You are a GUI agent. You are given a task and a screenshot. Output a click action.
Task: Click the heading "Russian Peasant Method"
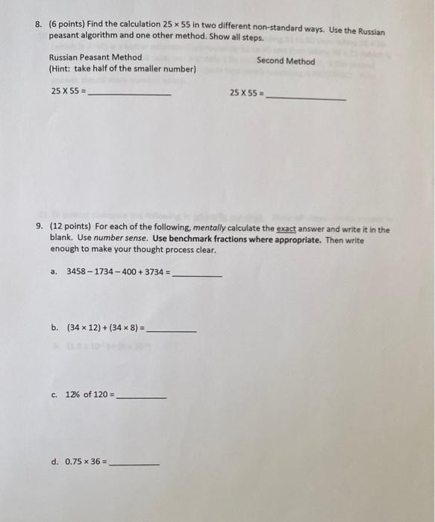95,57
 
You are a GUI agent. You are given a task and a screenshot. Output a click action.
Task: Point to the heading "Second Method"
286,61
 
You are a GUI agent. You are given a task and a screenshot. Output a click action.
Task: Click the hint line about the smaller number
122,69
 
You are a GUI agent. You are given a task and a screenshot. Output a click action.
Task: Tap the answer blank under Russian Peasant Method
131,95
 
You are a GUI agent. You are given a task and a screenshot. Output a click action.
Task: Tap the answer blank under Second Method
306,98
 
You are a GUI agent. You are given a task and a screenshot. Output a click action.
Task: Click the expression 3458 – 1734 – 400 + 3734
117,272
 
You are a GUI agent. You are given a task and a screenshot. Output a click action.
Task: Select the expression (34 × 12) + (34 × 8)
105,327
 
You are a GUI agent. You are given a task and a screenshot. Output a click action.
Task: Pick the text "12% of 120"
89,394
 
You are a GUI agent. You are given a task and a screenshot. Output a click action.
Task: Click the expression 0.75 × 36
87,462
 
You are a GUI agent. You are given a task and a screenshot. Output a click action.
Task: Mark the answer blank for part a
197,276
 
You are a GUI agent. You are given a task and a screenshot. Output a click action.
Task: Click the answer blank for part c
142,397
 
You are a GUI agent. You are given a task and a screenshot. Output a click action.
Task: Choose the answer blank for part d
134,465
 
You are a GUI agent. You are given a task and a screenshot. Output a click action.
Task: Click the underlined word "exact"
287,230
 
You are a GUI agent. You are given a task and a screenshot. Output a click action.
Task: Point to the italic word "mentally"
198,230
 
